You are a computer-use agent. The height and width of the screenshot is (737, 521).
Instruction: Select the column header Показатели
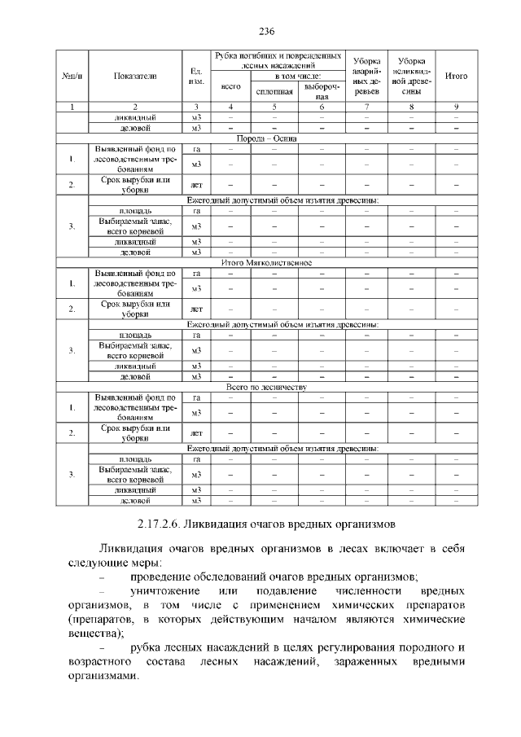click(136, 76)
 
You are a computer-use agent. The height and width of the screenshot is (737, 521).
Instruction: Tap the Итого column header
click(457, 76)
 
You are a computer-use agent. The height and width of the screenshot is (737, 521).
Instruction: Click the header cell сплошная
click(274, 92)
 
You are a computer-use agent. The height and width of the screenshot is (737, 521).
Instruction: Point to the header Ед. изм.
click(195, 76)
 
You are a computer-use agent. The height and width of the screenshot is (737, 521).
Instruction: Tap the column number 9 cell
click(457, 107)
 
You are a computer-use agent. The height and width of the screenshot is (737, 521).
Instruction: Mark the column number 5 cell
click(274, 107)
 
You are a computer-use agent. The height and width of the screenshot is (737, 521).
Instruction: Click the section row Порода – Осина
click(266, 138)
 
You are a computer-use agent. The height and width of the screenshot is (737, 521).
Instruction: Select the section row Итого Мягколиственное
click(266, 263)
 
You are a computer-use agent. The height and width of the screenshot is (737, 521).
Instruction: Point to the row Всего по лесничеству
click(266, 388)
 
